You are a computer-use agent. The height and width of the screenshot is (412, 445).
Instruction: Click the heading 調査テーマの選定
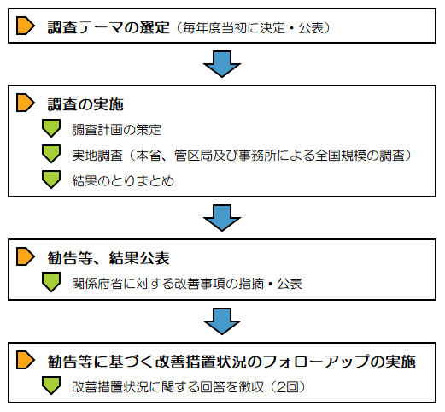[108, 28]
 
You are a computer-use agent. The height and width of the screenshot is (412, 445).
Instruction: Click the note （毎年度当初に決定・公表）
[253, 28]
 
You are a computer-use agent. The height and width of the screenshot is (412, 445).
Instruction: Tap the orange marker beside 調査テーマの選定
[26, 26]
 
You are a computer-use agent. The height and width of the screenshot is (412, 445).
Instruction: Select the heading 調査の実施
[85, 104]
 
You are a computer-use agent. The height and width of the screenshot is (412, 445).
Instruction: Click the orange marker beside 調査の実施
[26, 103]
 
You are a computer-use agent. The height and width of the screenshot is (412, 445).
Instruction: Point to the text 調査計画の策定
[116, 130]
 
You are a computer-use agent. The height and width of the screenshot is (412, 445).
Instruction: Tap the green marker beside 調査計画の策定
[51, 128]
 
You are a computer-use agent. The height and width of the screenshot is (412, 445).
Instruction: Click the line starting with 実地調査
[242, 156]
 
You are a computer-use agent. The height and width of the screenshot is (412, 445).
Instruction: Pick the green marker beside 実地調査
[51, 154]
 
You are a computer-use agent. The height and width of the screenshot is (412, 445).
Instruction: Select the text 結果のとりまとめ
[123, 181]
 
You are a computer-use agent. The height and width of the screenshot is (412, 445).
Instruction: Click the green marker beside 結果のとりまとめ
[51, 180]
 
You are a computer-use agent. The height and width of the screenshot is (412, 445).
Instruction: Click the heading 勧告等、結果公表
[108, 258]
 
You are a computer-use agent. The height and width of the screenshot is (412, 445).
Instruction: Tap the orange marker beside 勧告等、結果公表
[26, 256]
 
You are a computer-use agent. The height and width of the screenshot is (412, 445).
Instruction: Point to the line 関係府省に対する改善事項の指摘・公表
[187, 284]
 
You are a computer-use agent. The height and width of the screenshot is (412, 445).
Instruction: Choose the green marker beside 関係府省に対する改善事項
[51, 282]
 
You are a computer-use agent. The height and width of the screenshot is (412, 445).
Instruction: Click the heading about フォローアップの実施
[231, 362]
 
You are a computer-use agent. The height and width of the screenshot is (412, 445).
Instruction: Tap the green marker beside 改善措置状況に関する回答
[51, 386]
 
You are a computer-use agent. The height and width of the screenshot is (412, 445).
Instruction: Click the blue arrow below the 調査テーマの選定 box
[222, 64]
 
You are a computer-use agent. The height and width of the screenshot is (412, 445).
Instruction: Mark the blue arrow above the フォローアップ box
[222, 321]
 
